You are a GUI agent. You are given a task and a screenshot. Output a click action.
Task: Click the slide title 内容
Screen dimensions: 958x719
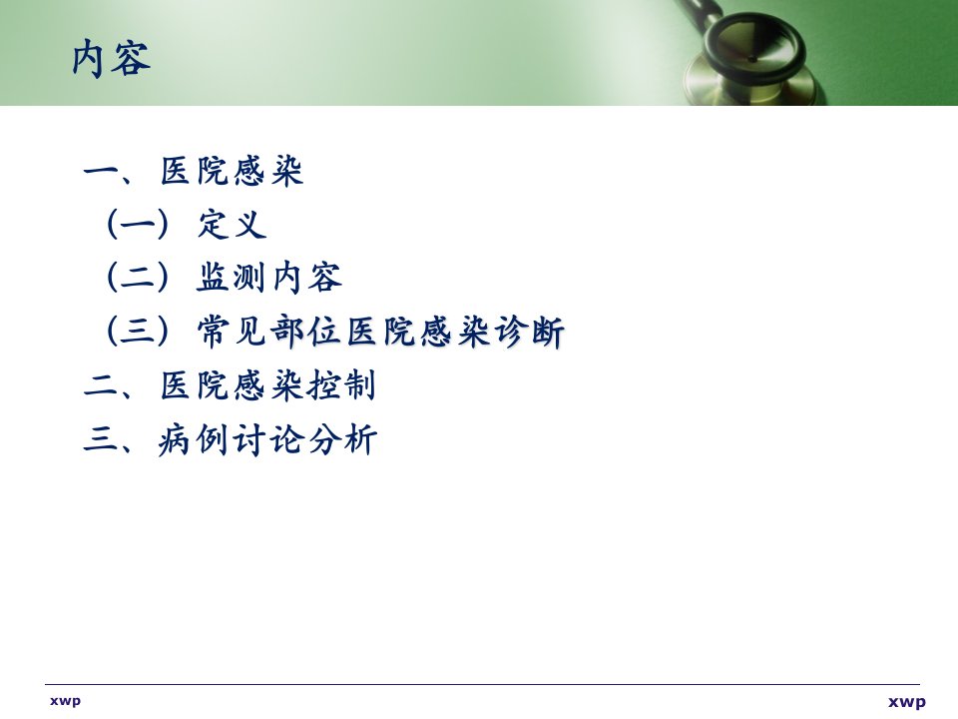tap(111, 59)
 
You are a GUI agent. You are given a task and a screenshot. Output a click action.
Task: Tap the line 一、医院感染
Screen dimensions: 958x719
tap(193, 171)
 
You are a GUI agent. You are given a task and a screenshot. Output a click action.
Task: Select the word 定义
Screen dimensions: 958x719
tap(233, 224)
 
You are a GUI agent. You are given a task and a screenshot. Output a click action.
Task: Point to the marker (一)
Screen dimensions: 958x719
tap(137, 225)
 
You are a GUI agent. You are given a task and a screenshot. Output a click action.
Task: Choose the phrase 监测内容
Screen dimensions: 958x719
tap(268, 278)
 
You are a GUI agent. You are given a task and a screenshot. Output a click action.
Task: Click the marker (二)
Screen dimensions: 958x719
tap(137, 278)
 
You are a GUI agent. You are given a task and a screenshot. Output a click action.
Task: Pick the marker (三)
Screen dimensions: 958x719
tap(137, 332)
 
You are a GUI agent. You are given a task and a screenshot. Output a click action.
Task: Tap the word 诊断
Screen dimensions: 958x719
tap(529, 332)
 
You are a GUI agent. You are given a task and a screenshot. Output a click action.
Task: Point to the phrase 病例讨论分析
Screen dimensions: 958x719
tap(267, 439)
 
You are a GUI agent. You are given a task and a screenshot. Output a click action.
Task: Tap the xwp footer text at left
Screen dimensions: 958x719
tap(66, 701)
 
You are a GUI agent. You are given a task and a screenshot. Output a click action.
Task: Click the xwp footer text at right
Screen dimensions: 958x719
tap(907, 702)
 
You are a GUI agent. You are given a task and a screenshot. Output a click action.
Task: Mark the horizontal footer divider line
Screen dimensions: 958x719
tap(482, 684)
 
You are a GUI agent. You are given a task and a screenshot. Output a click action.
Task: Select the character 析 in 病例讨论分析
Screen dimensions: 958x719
tap(360, 439)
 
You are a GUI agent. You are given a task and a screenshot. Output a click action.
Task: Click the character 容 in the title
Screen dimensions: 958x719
tap(131, 59)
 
